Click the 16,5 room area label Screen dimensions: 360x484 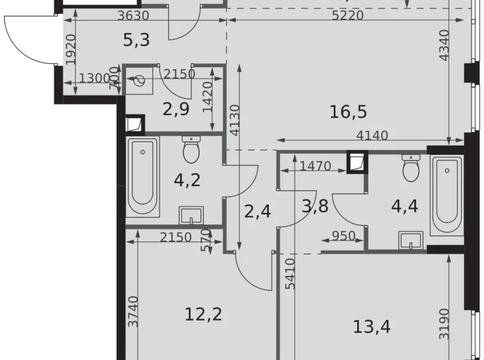pos(349,112)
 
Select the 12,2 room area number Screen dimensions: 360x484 pos(204,313)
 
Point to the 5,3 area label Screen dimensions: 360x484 pos(137,42)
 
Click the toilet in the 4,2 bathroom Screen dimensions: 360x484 pos(190,150)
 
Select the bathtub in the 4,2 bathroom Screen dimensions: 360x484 pos(142,176)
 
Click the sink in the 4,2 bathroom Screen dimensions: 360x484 pos(192,215)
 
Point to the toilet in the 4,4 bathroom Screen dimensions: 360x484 pos(410,168)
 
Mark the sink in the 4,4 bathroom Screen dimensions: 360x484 pos(410,240)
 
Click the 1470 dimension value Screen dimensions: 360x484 pos(315,166)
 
